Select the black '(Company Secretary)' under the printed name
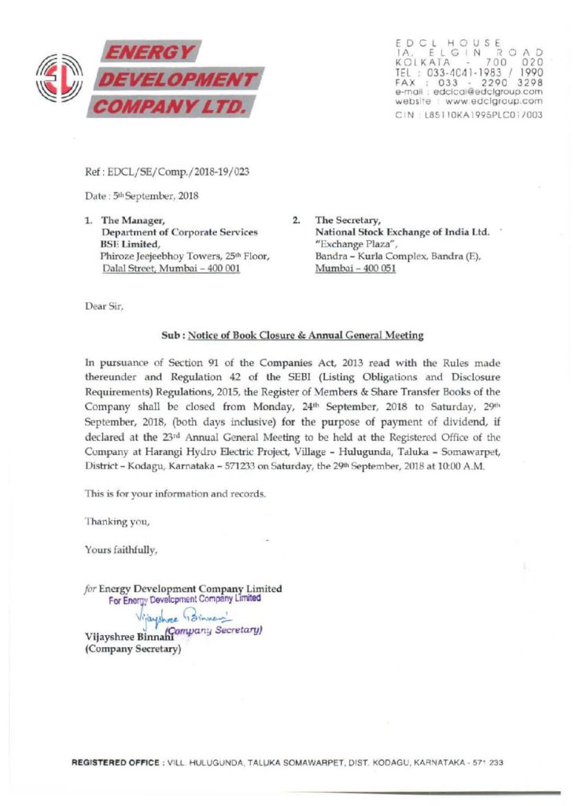point(132,649)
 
